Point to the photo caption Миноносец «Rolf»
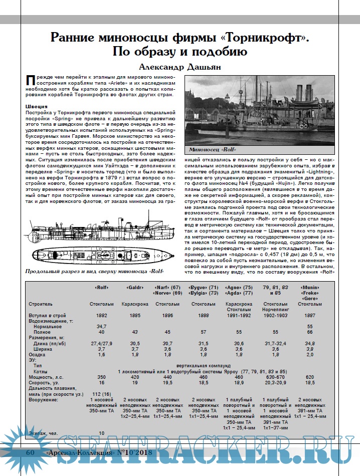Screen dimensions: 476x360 (x=213, y=150)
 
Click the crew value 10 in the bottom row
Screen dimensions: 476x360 (x=102, y=433)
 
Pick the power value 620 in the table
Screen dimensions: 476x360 (x=309, y=376)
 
